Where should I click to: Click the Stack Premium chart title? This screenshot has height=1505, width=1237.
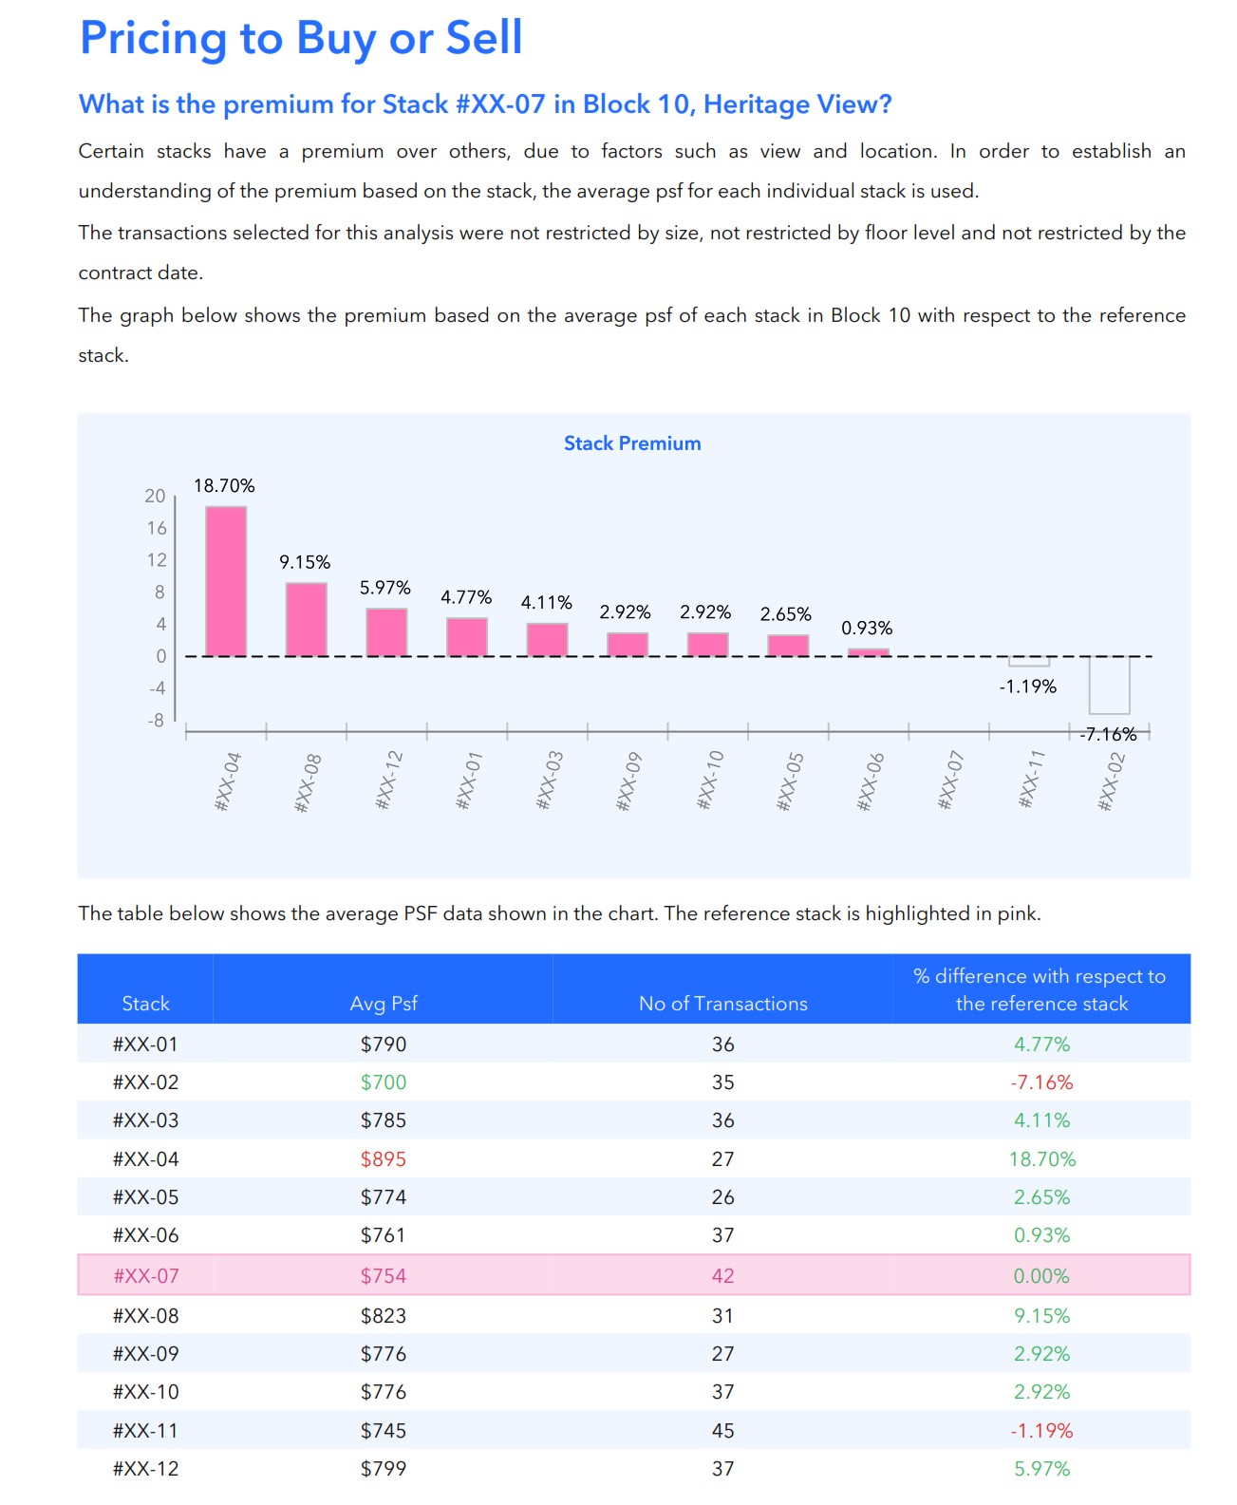pyautogui.click(x=632, y=443)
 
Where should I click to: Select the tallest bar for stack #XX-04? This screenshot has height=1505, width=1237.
pyautogui.click(x=226, y=580)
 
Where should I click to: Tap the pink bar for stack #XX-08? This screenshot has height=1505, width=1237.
pyautogui.click(x=307, y=618)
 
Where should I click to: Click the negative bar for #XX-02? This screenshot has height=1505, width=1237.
pyautogui.click(x=1109, y=685)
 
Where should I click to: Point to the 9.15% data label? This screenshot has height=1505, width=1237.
pyautogui.click(x=305, y=562)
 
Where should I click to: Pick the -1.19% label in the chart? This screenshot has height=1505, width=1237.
pyautogui.click(x=1027, y=687)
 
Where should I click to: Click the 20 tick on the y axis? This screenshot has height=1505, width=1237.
pyautogui.click(x=155, y=496)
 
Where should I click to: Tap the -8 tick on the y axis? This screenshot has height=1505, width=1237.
pyautogui.click(x=156, y=720)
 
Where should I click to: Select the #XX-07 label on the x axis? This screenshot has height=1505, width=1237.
pyautogui.click(x=950, y=781)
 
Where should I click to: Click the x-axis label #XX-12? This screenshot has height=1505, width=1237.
pyautogui.click(x=389, y=781)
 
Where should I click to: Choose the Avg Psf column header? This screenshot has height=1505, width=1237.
pyautogui.click(x=384, y=1004)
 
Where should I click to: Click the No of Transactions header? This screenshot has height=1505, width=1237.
pyautogui.click(x=722, y=1004)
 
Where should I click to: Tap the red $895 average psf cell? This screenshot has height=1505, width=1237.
pyautogui.click(x=384, y=1159)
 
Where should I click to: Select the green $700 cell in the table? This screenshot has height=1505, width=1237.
pyautogui.click(x=384, y=1082)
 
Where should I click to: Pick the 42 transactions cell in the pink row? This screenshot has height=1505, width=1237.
pyautogui.click(x=722, y=1275)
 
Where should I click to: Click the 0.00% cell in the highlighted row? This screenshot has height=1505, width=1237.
pyautogui.click(x=1041, y=1275)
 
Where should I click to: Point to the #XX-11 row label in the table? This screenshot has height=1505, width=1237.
pyautogui.click(x=145, y=1430)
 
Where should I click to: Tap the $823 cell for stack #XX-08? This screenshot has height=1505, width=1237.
pyautogui.click(x=384, y=1316)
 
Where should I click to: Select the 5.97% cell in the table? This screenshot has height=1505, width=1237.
pyautogui.click(x=1041, y=1469)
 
